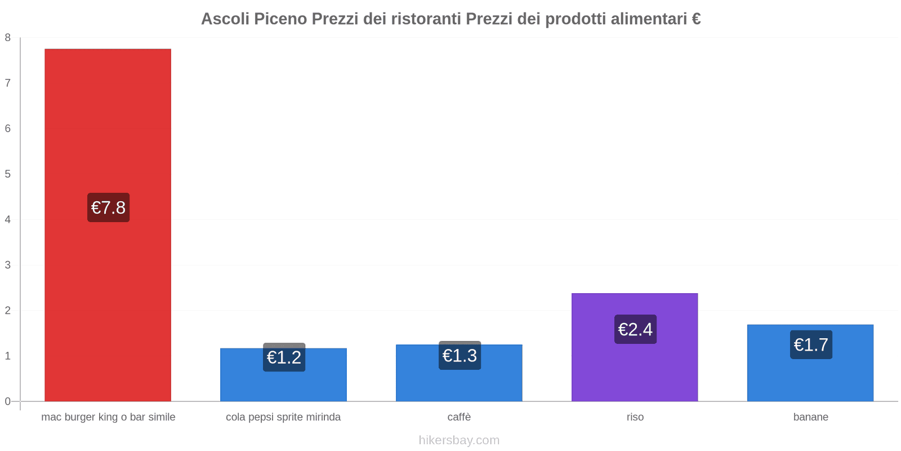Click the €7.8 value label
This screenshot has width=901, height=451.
point(108,207)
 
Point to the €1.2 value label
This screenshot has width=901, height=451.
point(284,357)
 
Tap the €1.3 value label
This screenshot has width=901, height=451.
point(460,356)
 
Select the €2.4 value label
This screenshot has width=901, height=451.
point(635,329)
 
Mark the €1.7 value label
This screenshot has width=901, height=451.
point(811,344)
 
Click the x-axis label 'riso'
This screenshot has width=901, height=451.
point(635,417)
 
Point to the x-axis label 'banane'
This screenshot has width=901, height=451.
point(810,417)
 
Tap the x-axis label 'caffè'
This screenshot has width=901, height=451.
point(459,417)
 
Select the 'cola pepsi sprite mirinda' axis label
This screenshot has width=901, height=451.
point(283,417)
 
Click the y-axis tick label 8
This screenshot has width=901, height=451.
point(8,38)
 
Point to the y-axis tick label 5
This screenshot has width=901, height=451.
point(8,174)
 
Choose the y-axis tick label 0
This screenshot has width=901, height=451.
point(8,401)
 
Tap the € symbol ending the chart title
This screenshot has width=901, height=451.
point(696,19)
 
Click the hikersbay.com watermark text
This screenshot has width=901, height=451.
point(459,440)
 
